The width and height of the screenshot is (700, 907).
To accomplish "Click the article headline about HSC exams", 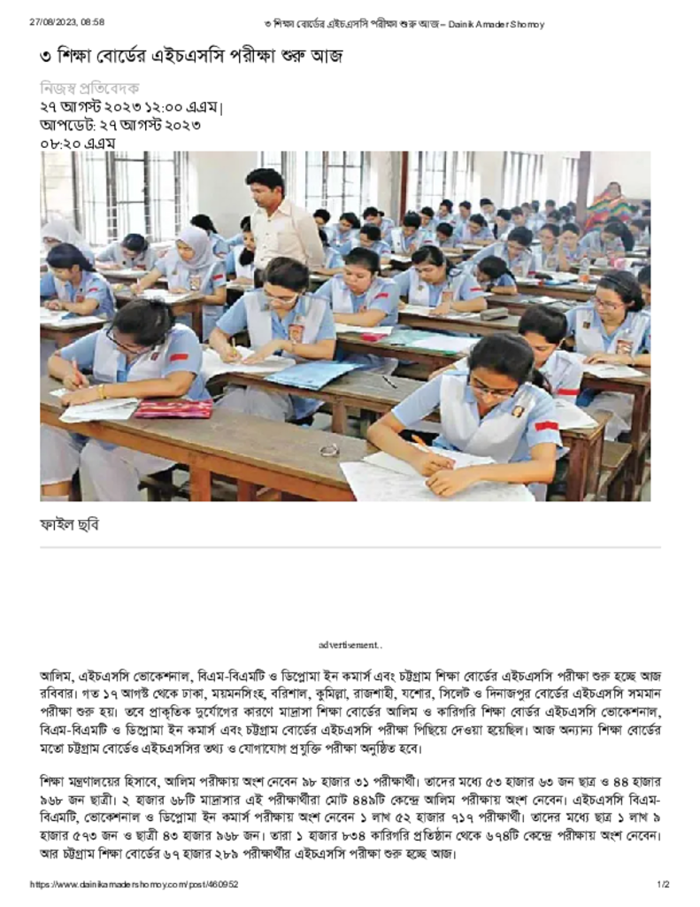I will [x=190, y=56].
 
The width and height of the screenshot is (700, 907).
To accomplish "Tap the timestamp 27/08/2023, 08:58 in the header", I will [x=65, y=23].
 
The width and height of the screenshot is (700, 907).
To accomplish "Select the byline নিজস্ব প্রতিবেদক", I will [x=89, y=88].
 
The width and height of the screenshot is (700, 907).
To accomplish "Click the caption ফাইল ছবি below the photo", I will [x=69, y=523].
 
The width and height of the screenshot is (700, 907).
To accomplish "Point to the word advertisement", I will [x=350, y=644].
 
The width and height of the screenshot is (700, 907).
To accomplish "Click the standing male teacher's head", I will [x=265, y=184].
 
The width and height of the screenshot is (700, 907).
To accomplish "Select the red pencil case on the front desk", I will [x=173, y=407].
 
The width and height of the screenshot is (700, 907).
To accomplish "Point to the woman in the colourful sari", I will [x=610, y=205].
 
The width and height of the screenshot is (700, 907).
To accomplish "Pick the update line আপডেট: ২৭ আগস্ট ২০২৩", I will [x=119, y=124].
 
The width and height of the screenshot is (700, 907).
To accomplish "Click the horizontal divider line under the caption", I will [x=350, y=547].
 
